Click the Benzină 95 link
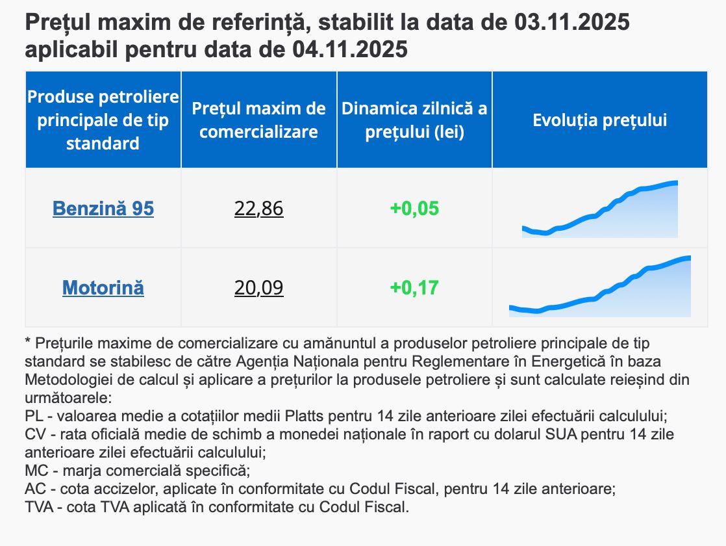click(x=103, y=209)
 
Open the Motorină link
click(x=103, y=287)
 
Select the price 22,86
click(x=258, y=209)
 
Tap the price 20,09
click(x=258, y=287)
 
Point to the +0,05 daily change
click(x=414, y=209)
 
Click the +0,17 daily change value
click(x=414, y=287)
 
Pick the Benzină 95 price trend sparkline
click(x=600, y=211)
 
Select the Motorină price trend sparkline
click(x=600, y=289)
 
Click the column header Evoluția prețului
click(x=600, y=120)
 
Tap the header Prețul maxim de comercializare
click(x=258, y=120)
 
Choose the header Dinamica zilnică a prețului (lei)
click(x=414, y=120)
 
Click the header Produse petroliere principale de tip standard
click(x=103, y=120)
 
